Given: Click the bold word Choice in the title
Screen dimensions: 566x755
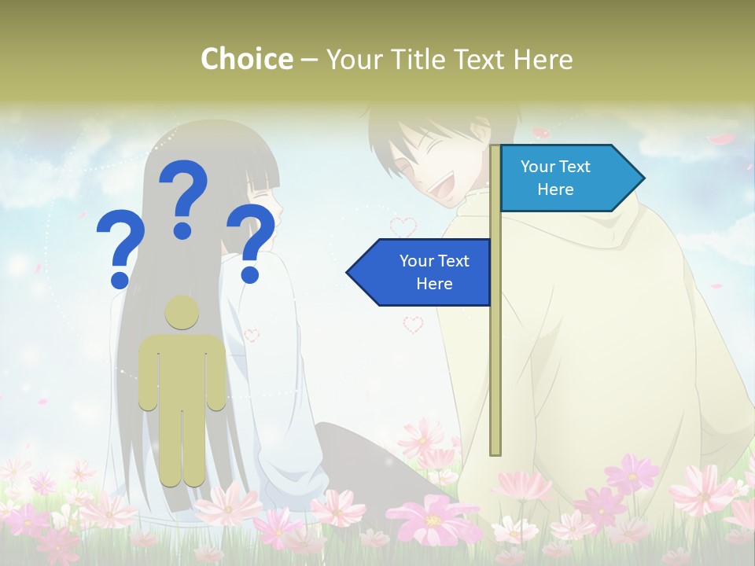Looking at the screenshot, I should (x=246, y=59).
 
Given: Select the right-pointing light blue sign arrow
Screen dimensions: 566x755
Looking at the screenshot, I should (x=570, y=178).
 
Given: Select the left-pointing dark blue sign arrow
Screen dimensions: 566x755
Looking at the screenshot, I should (x=421, y=272).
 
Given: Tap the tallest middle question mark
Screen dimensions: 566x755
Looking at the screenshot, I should (x=183, y=197).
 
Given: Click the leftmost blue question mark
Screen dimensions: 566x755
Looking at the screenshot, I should (x=120, y=250).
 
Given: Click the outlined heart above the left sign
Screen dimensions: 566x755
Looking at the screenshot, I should (x=403, y=227).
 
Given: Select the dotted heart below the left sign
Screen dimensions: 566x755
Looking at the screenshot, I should (x=413, y=324).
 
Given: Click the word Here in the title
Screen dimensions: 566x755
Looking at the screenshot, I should (x=543, y=59).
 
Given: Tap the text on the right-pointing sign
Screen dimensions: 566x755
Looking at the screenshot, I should (x=555, y=178).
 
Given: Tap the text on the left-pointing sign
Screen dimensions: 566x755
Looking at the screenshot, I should (x=434, y=272).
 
